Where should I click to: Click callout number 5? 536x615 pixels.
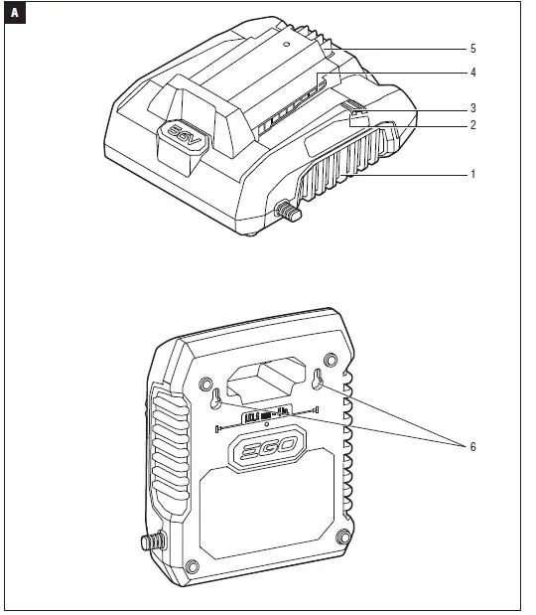pos(472,49)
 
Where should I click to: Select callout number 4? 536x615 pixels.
pos(472,73)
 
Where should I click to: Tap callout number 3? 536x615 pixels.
pos(472,106)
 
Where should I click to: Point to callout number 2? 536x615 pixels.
pos(472,125)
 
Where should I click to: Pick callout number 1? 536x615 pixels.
pos(472,173)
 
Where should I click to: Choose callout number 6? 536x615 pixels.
pos(472,447)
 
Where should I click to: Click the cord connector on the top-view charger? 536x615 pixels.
pos(289,211)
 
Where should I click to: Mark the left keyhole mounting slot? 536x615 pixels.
pos(214,397)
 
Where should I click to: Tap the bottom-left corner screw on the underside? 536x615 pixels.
pos(193,566)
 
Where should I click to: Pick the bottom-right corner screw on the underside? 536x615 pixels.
pos(343,538)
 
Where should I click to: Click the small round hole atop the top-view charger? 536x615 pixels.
pos(284,45)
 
